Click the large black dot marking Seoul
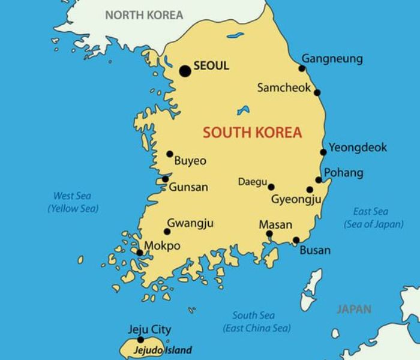[185, 71]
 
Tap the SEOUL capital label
[211, 66]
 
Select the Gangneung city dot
[302, 68]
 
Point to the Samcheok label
[284, 88]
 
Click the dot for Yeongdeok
[323, 152]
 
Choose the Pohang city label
[343, 173]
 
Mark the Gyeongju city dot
[310, 190]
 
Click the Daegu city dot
[271, 187]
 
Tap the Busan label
[315, 250]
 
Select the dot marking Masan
[269, 234]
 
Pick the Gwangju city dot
[167, 232]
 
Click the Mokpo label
[162, 246]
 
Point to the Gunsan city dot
[166, 179]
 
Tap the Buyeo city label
[190, 161]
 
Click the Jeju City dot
[141, 340]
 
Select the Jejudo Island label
[162, 350]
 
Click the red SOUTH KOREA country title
[252, 133]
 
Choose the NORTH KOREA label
[144, 16]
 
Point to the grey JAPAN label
[354, 310]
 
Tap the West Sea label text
[73, 196]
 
